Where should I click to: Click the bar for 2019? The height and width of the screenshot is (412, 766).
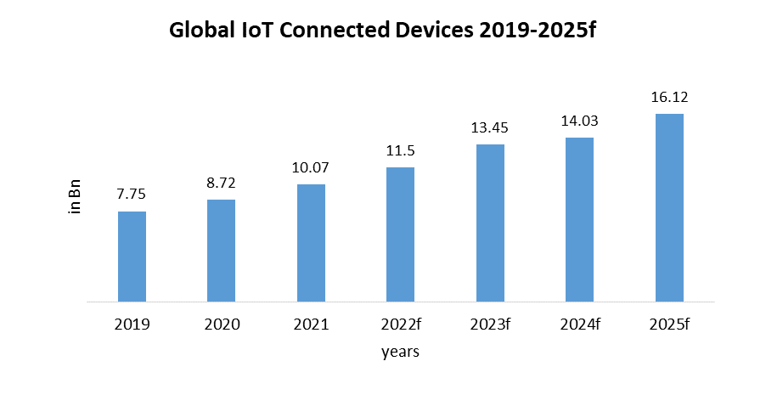[x=132, y=257]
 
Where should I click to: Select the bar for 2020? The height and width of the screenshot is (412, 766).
[x=221, y=251]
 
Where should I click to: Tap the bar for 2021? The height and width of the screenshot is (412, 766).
[x=311, y=243]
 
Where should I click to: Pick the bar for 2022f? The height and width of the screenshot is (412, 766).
[x=400, y=234]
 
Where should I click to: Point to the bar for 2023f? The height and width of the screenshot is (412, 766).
[x=490, y=223]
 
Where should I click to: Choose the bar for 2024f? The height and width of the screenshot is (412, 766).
[x=579, y=220]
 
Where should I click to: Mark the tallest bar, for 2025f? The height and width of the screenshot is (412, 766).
[x=669, y=208]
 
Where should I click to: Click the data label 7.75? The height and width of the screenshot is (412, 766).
[x=132, y=195]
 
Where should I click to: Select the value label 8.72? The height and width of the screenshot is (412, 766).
[x=221, y=183]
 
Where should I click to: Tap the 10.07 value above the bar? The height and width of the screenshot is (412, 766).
[x=311, y=167]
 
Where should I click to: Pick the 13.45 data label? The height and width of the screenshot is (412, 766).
[x=490, y=127]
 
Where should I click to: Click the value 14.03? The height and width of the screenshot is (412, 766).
[x=579, y=121]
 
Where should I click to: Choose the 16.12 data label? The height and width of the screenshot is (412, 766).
[x=669, y=97]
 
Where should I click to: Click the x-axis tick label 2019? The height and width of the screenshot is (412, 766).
[x=132, y=324]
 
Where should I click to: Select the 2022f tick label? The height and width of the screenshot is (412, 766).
[x=400, y=324]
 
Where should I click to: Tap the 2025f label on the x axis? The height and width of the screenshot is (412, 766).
[x=669, y=324]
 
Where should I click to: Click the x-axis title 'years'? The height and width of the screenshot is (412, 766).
[x=400, y=351]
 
